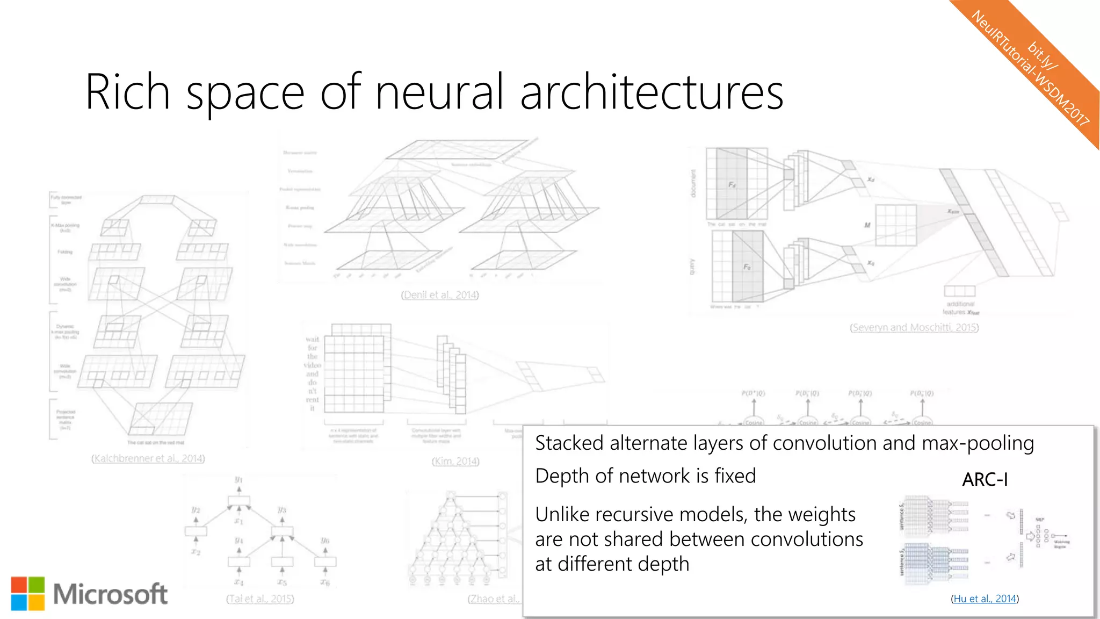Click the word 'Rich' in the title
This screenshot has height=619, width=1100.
127,92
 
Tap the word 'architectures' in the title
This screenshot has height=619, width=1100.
652,92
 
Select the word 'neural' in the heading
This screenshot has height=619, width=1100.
439,92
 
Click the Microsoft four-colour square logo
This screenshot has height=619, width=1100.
27,594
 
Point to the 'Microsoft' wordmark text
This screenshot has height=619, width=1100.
110,594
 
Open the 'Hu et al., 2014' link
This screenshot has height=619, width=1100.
985,599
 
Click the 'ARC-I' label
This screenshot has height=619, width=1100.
985,479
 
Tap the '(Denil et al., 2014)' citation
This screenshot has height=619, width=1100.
439,295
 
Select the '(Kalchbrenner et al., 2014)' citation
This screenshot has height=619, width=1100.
148,458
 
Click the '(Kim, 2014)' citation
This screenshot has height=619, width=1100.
455,461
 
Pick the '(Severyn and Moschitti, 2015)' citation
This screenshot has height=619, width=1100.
914,327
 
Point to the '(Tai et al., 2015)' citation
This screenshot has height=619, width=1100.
260,599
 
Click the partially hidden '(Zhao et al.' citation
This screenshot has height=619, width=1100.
494,599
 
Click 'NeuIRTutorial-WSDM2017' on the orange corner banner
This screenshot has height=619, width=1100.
1030,69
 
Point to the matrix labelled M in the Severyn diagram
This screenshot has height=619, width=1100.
895,225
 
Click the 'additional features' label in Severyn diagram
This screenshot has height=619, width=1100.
960,308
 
